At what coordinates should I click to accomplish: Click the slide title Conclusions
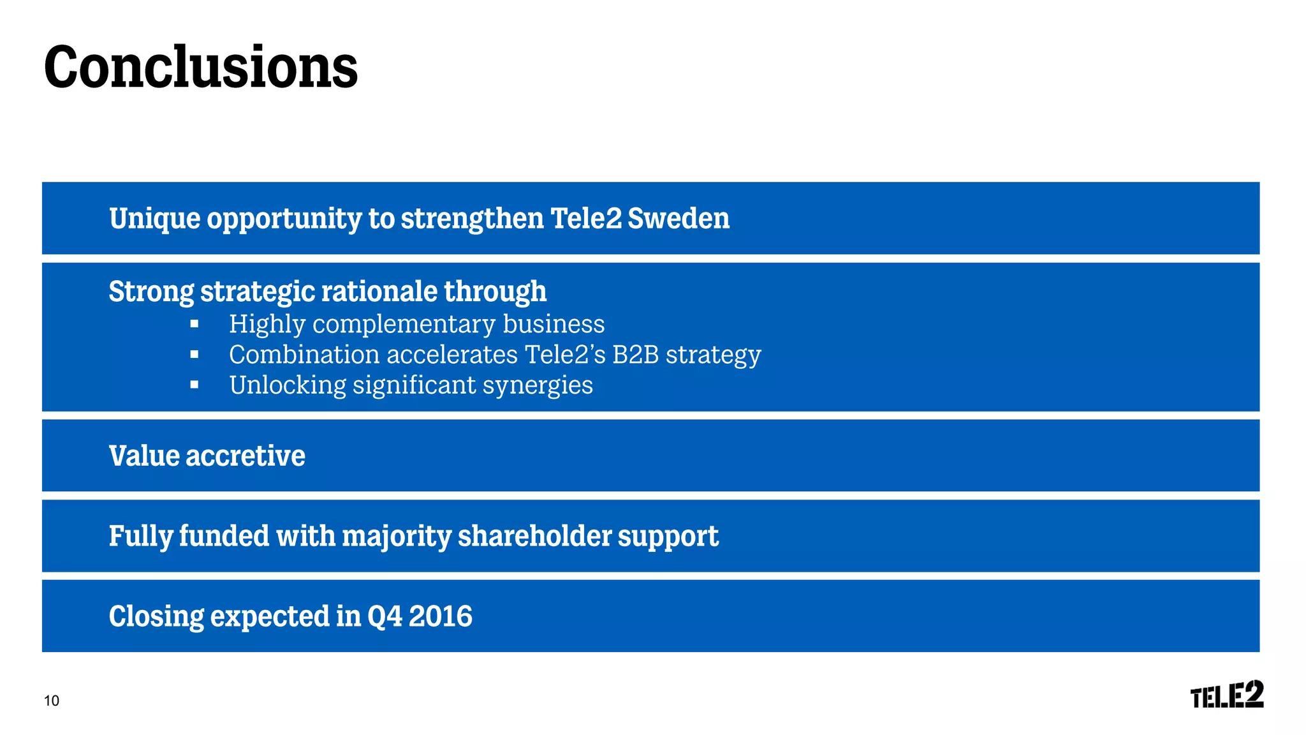coord(200,68)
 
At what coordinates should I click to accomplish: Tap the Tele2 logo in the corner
coord(1226,695)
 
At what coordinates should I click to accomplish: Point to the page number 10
coord(52,701)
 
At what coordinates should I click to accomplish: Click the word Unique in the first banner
coord(154,219)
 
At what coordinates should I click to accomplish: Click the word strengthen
coord(472,219)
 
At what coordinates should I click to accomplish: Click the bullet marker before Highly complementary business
coord(194,325)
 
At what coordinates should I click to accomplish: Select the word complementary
coord(404,325)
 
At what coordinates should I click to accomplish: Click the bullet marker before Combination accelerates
coord(194,355)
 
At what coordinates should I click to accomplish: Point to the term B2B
coord(635,355)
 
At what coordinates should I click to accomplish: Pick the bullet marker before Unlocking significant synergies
coord(194,385)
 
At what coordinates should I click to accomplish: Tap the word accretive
coord(246,456)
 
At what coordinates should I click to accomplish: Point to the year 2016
coord(440,616)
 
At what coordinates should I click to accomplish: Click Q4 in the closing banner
coord(385,617)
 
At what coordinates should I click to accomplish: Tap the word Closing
coord(156,617)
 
